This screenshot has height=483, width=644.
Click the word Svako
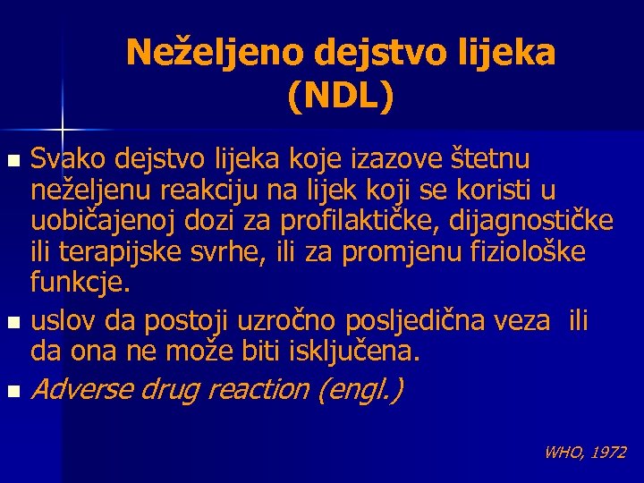pyautogui.click(x=64, y=160)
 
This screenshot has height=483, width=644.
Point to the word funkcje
pyautogui.click(x=80, y=284)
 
